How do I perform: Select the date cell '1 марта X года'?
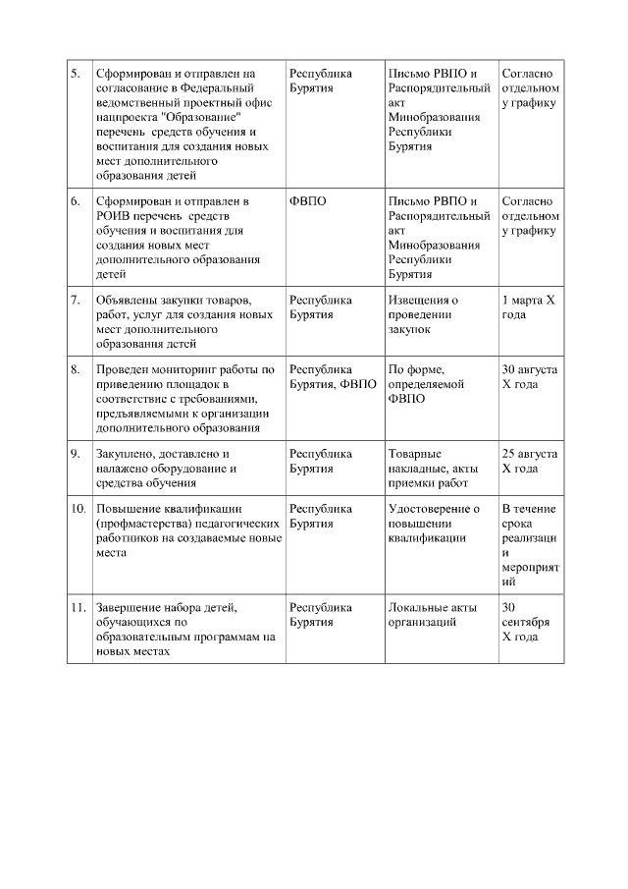(528, 307)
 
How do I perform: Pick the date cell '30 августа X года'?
(529, 377)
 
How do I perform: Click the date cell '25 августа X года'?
(529, 462)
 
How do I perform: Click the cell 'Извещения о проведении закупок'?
(422, 314)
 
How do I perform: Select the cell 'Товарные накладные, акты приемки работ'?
(428, 469)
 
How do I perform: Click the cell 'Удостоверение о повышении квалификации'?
(434, 524)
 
